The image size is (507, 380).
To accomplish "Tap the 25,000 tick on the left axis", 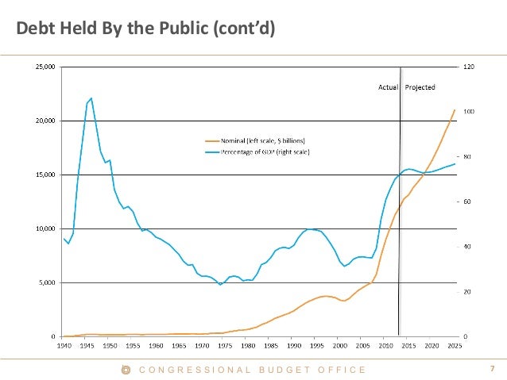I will (x=45, y=67).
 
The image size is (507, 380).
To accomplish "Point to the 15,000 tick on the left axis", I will (x=45, y=175).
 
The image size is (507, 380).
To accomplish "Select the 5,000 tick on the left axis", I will (x=47, y=282).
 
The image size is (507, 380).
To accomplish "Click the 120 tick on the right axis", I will (x=468, y=67).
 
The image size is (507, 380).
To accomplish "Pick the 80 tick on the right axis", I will (x=466, y=156).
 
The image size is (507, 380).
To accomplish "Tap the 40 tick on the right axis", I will (x=466, y=247).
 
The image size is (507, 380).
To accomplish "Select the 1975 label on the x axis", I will (x=224, y=346).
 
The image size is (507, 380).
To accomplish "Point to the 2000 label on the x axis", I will (x=339, y=346).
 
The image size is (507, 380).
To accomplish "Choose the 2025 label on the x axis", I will (x=455, y=346).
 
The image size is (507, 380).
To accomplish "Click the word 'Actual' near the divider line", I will (x=387, y=86).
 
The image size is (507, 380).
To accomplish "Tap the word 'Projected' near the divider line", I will (x=420, y=86).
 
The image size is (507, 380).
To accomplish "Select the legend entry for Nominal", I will (x=254, y=140).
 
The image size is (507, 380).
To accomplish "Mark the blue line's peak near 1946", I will (x=91, y=98).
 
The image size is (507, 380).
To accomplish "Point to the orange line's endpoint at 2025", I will (x=455, y=109).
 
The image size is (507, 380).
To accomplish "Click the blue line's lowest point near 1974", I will (x=220, y=284).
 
